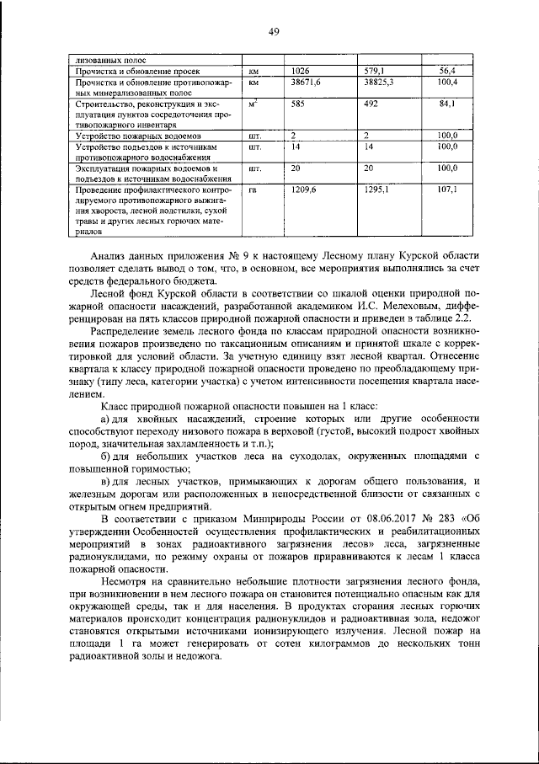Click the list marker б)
106,456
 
